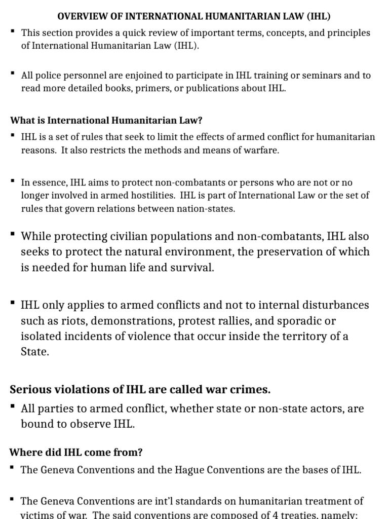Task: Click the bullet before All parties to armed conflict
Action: click(12, 406)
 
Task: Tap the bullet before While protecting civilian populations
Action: click(12, 234)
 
